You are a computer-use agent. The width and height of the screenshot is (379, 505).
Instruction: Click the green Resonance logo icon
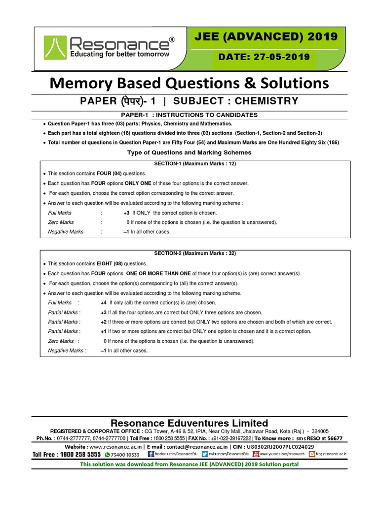click(54, 46)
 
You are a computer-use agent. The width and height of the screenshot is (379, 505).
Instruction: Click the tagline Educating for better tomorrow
click(119, 54)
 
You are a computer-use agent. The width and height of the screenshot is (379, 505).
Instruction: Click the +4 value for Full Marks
click(103, 303)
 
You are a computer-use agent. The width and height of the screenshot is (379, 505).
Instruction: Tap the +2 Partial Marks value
click(103, 322)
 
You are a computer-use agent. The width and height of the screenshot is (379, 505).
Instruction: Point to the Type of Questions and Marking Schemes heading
click(189, 152)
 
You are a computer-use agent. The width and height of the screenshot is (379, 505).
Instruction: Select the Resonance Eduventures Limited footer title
click(189, 423)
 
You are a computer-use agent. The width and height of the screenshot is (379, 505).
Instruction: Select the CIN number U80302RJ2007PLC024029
click(271, 446)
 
